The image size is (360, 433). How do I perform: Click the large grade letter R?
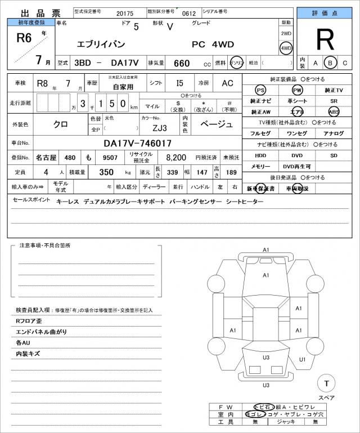(325, 40)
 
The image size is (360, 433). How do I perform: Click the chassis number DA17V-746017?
(138, 143)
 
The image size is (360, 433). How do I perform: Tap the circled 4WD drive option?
(286, 48)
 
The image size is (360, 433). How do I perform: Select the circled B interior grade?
(331, 63)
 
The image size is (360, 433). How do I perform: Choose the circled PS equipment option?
(260, 90)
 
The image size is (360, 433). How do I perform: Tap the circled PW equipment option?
(297, 90)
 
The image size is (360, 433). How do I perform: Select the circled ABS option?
(334, 112)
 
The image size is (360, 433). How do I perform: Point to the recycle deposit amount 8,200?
(176, 157)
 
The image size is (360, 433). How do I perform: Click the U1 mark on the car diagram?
(302, 359)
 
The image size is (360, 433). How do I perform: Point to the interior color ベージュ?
(216, 124)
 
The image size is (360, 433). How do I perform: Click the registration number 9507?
(111, 157)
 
